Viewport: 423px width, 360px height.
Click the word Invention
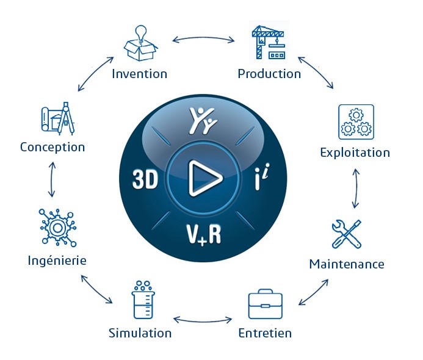[x=139, y=74]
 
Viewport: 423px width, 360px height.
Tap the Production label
[x=269, y=74]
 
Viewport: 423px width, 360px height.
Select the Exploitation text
[x=355, y=153]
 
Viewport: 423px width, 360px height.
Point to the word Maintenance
[x=347, y=264]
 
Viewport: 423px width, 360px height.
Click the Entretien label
[x=265, y=333]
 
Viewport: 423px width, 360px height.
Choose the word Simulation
[x=140, y=333]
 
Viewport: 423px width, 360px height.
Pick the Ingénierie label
[x=57, y=261]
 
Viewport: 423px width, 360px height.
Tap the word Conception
[x=52, y=148]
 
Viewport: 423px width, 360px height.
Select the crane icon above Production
[x=268, y=42]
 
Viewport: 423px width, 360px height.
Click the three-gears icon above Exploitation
[x=356, y=122]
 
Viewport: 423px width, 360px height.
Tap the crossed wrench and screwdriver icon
[x=346, y=234]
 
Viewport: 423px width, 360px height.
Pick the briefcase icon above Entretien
[x=265, y=304]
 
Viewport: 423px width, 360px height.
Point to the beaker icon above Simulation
[x=143, y=300]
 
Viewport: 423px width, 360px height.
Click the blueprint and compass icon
[x=58, y=118]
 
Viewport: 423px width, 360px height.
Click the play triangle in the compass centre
[x=204, y=178]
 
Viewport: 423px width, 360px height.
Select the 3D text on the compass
[x=145, y=179]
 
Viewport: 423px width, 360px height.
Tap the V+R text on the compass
[x=204, y=234]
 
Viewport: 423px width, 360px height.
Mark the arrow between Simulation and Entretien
[x=203, y=321]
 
